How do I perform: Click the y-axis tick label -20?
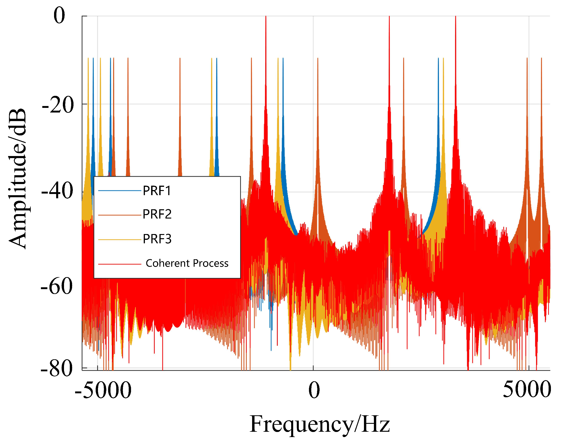58,105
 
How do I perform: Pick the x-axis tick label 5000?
527,390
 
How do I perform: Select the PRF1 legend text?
157,191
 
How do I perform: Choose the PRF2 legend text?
157,214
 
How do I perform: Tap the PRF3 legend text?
157,239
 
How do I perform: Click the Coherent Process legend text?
187,263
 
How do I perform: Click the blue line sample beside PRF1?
119,191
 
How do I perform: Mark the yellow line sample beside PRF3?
119,239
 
